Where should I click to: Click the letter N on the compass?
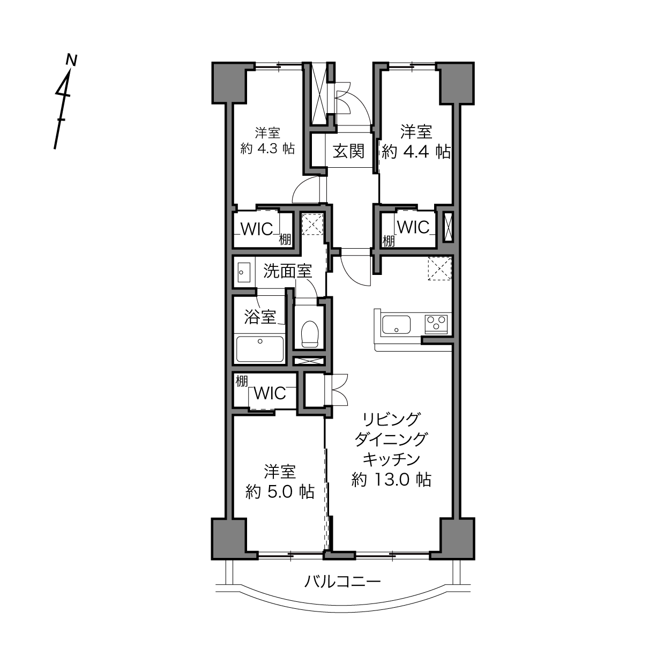click(72, 60)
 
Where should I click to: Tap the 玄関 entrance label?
click(348, 152)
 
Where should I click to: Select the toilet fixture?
click(310, 333)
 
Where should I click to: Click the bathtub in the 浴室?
click(260, 348)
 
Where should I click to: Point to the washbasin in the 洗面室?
click(244, 273)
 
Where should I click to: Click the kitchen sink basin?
click(396, 325)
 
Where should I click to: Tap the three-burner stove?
click(436, 324)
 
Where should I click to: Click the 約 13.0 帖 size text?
click(391, 480)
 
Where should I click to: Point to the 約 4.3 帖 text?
click(267, 148)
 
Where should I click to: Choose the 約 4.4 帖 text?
click(416, 152)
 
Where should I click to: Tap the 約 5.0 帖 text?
click(280, 492)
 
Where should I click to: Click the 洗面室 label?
click(287, 271)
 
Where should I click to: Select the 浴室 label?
click(260, 317)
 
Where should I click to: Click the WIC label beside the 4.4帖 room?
click(413, 227)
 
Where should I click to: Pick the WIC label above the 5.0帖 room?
click(270, 393)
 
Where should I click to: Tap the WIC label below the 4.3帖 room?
click(257, 229)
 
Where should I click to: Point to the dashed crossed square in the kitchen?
click(439, 269)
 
